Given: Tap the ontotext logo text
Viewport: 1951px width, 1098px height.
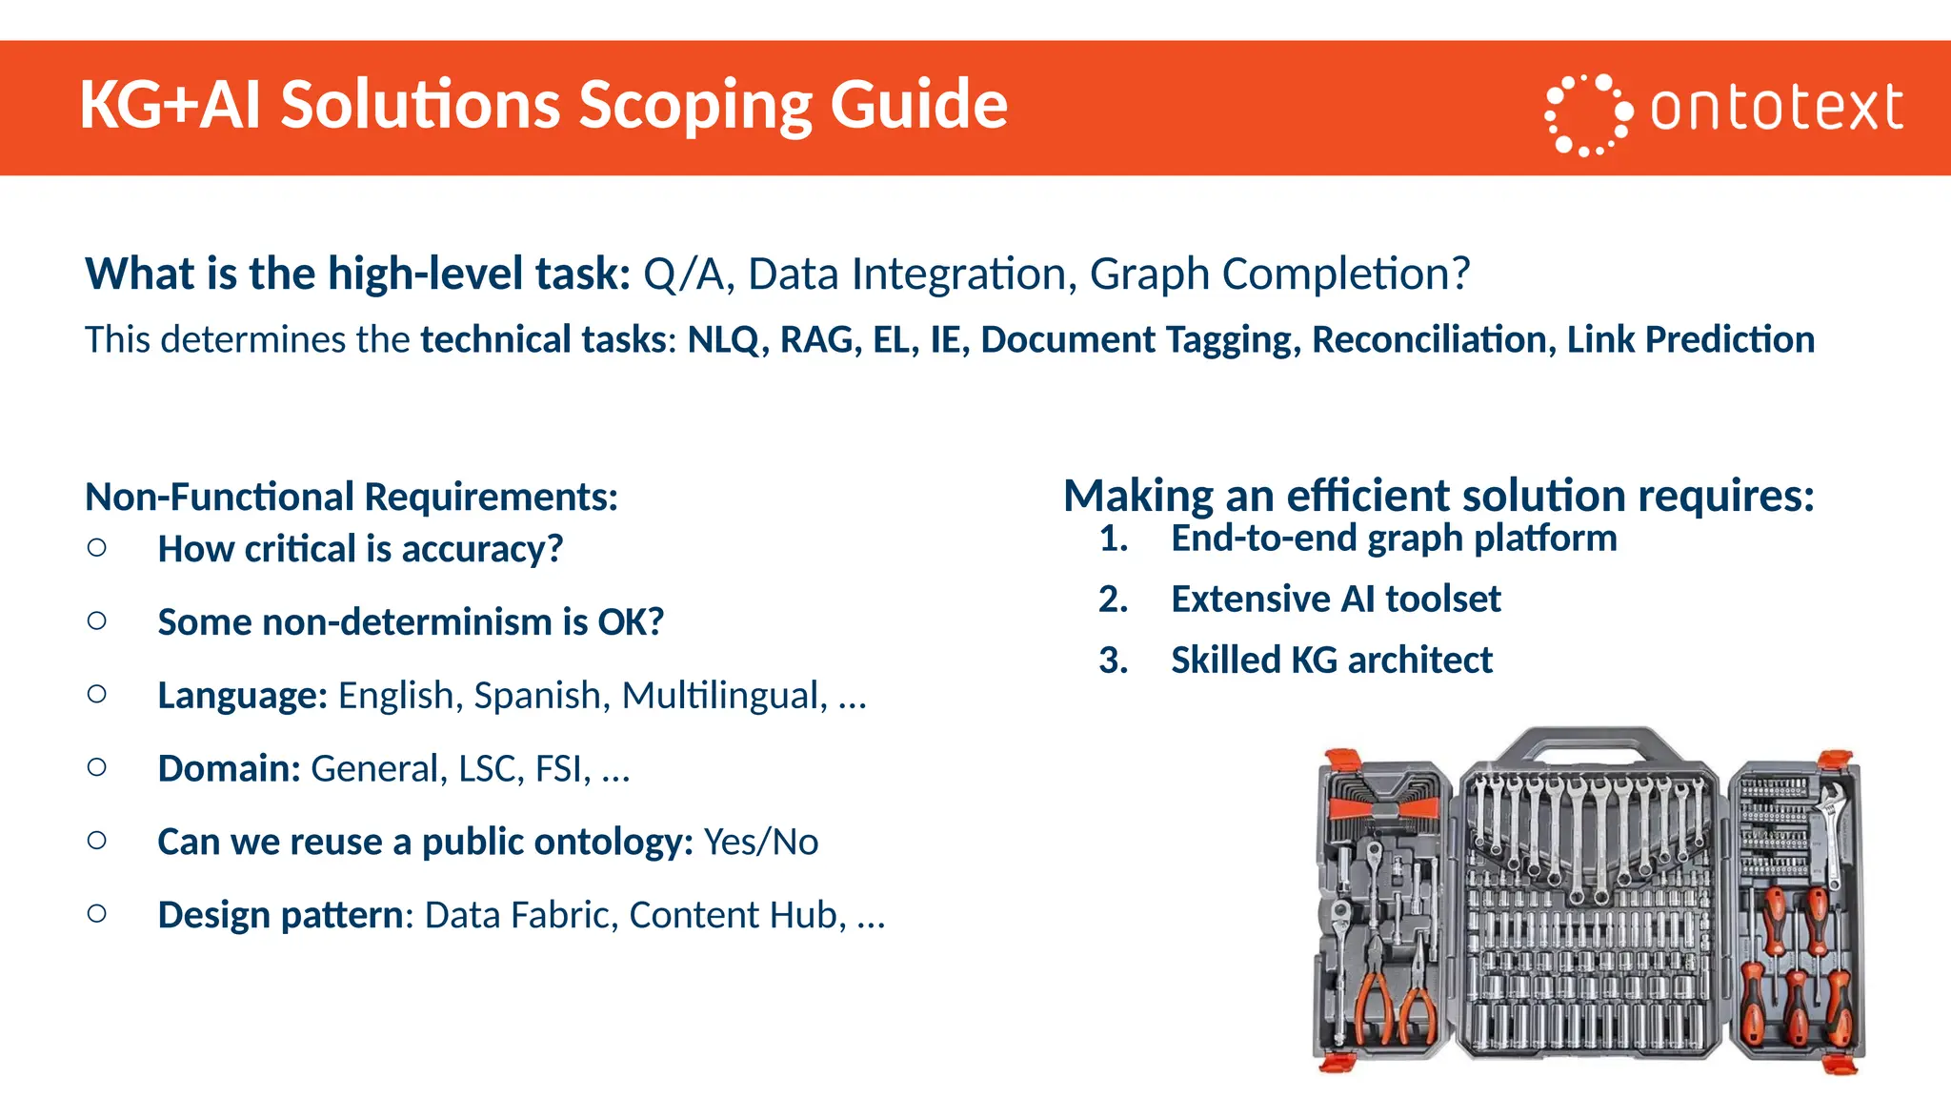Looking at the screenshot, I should [x=1776, y=109].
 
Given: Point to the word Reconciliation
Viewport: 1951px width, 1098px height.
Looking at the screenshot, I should [x=1434, y=340].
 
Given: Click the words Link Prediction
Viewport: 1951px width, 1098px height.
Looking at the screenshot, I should [x=1690, y=340].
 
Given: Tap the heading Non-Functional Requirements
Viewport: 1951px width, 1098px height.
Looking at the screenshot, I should [x=352, y=498].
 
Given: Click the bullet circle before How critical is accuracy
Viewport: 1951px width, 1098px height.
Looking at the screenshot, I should [x=96, y=548].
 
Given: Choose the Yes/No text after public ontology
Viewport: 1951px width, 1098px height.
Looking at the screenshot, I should [x=761, y=843].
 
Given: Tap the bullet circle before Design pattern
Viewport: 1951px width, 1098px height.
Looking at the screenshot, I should [x=96, y=914].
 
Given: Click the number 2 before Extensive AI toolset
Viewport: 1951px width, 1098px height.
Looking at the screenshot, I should [x=1113, y=600].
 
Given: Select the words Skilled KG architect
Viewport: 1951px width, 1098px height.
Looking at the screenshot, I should [x=1331, y=661].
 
